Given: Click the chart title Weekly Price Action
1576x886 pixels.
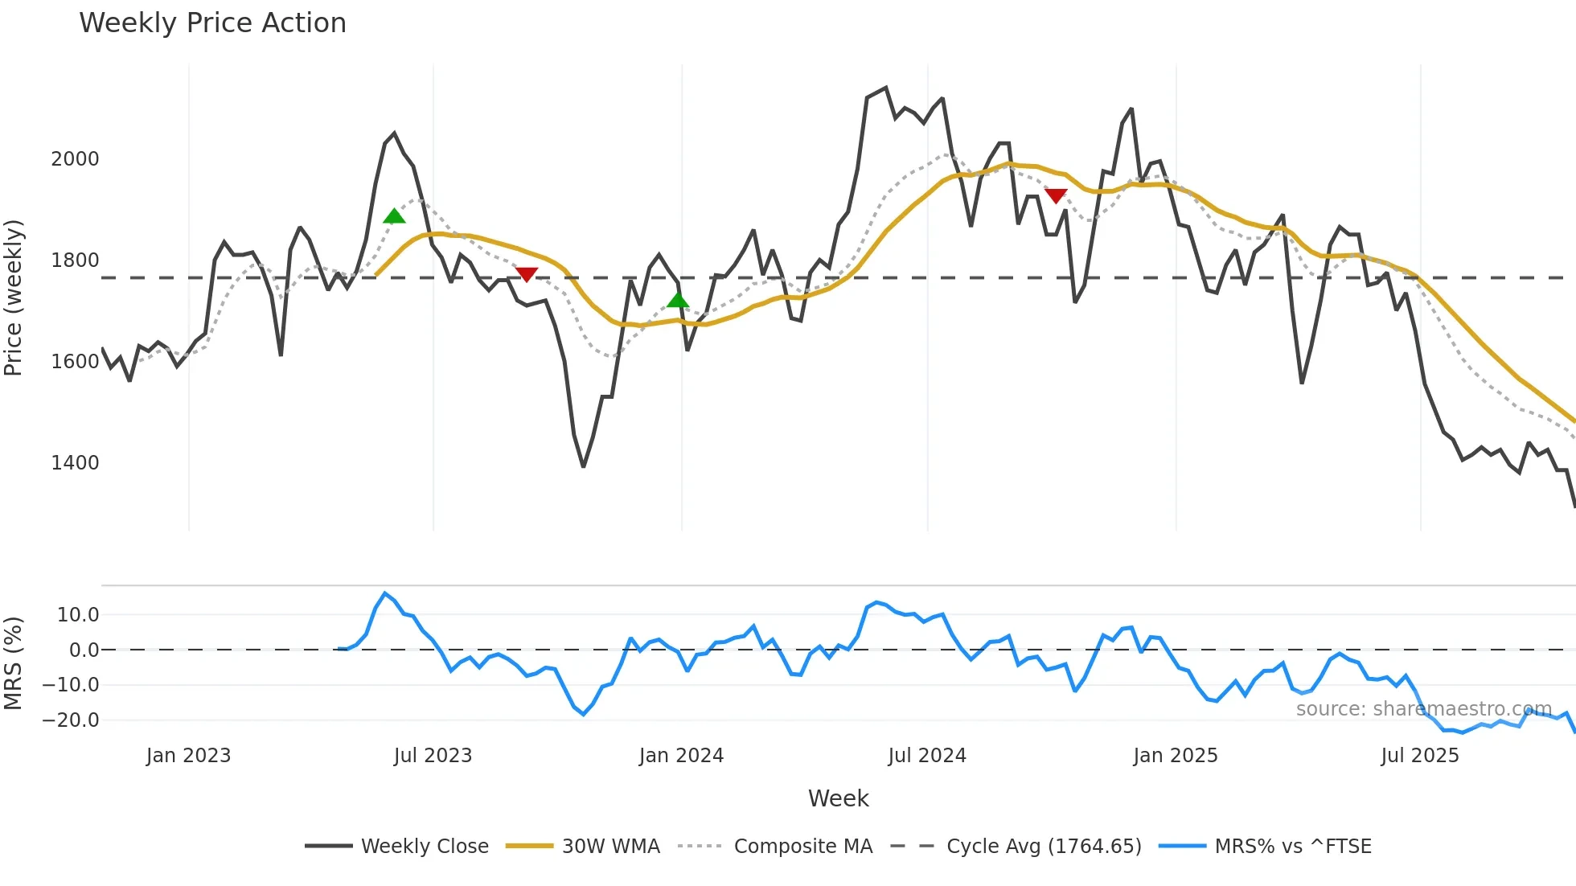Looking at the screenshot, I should (x=212, y=23).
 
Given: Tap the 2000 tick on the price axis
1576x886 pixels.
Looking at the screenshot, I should (x=75, y=158).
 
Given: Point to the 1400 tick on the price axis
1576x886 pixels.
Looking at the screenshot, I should (x=75, y=462).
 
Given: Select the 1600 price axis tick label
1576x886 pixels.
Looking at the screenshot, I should (x=75, y=361).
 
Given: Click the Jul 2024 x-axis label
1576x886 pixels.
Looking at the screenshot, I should (x=926, y=756).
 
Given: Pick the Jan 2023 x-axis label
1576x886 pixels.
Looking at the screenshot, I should (x=188, y=756).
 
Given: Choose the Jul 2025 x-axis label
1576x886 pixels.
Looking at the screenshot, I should (x=1419, y=756).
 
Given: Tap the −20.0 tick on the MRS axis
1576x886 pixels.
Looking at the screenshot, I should (x=71, y=720).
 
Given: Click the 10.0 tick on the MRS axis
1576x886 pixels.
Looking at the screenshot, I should (x=78, y=615).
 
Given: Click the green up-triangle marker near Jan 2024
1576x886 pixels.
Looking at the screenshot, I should (x=678, y=301).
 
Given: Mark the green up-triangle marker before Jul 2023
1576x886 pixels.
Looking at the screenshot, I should (x=394, y=216).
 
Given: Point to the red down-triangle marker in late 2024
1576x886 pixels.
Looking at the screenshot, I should (x=1056, y=195).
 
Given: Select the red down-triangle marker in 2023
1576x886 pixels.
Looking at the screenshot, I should (x=527, y=274).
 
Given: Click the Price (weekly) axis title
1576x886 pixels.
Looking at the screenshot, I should (x=14, y=297).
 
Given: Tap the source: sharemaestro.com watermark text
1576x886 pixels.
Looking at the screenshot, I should (x=1423, y=709).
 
